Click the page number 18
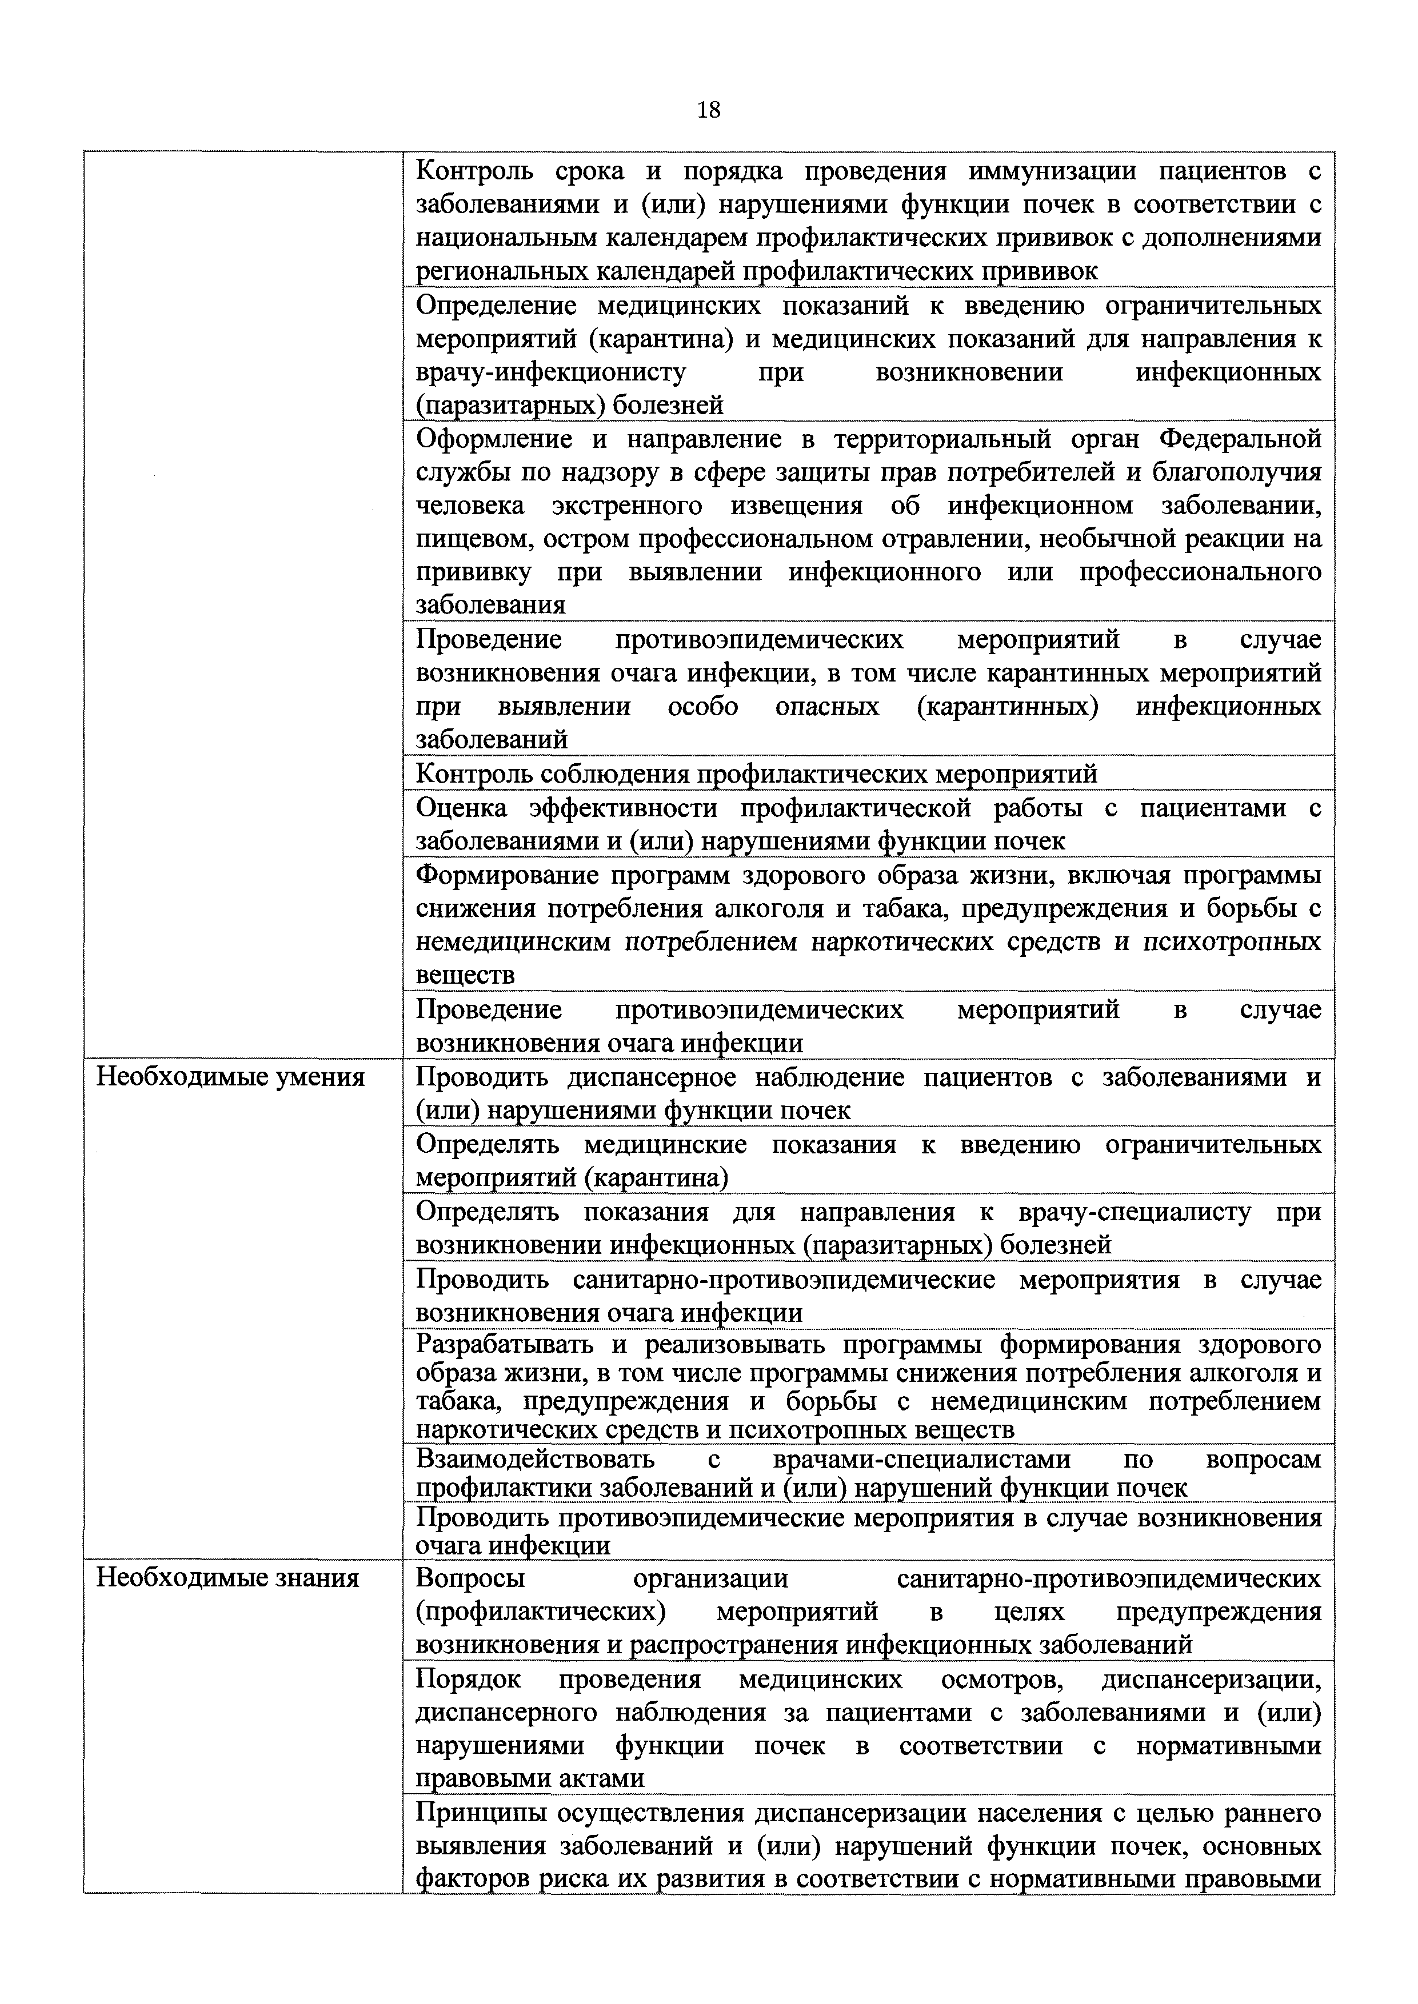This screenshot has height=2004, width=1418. point(709,110)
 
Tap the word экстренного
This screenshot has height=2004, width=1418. point(628,506)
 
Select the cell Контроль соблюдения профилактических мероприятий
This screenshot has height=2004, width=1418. point(756,774)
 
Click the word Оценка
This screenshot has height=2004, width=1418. point(461,808)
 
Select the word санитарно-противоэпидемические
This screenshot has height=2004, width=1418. point(784,1280)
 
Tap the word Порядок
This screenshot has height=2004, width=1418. point(468,1680)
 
